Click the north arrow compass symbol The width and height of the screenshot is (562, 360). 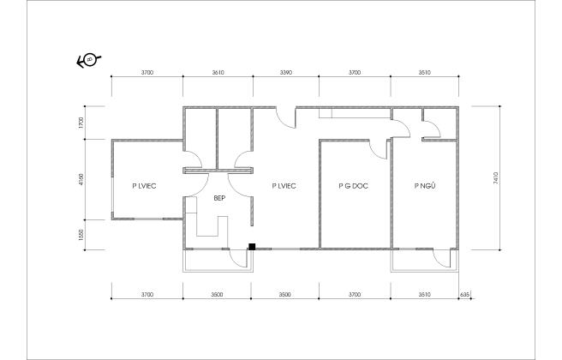pyautogui.click(x=88, y=59)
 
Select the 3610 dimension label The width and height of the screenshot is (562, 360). pyautogui.click(x=217, y=74)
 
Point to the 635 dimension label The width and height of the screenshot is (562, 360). pyautogui.click(x=465, y=294)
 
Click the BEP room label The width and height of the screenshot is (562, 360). pyautogui.click(x=218, y=198)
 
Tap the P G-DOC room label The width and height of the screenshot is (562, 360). pyautogui.click(x=353, y=185)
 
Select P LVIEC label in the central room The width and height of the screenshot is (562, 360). pyautogui.click(x=284, y=185)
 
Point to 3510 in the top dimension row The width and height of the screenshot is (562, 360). pyautogui.click(x=423, y=74)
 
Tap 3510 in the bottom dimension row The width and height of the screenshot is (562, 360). pyautogui.click(x=423, y=294)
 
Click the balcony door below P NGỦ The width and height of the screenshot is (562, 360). pyautogui.click(x=439, y=259)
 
